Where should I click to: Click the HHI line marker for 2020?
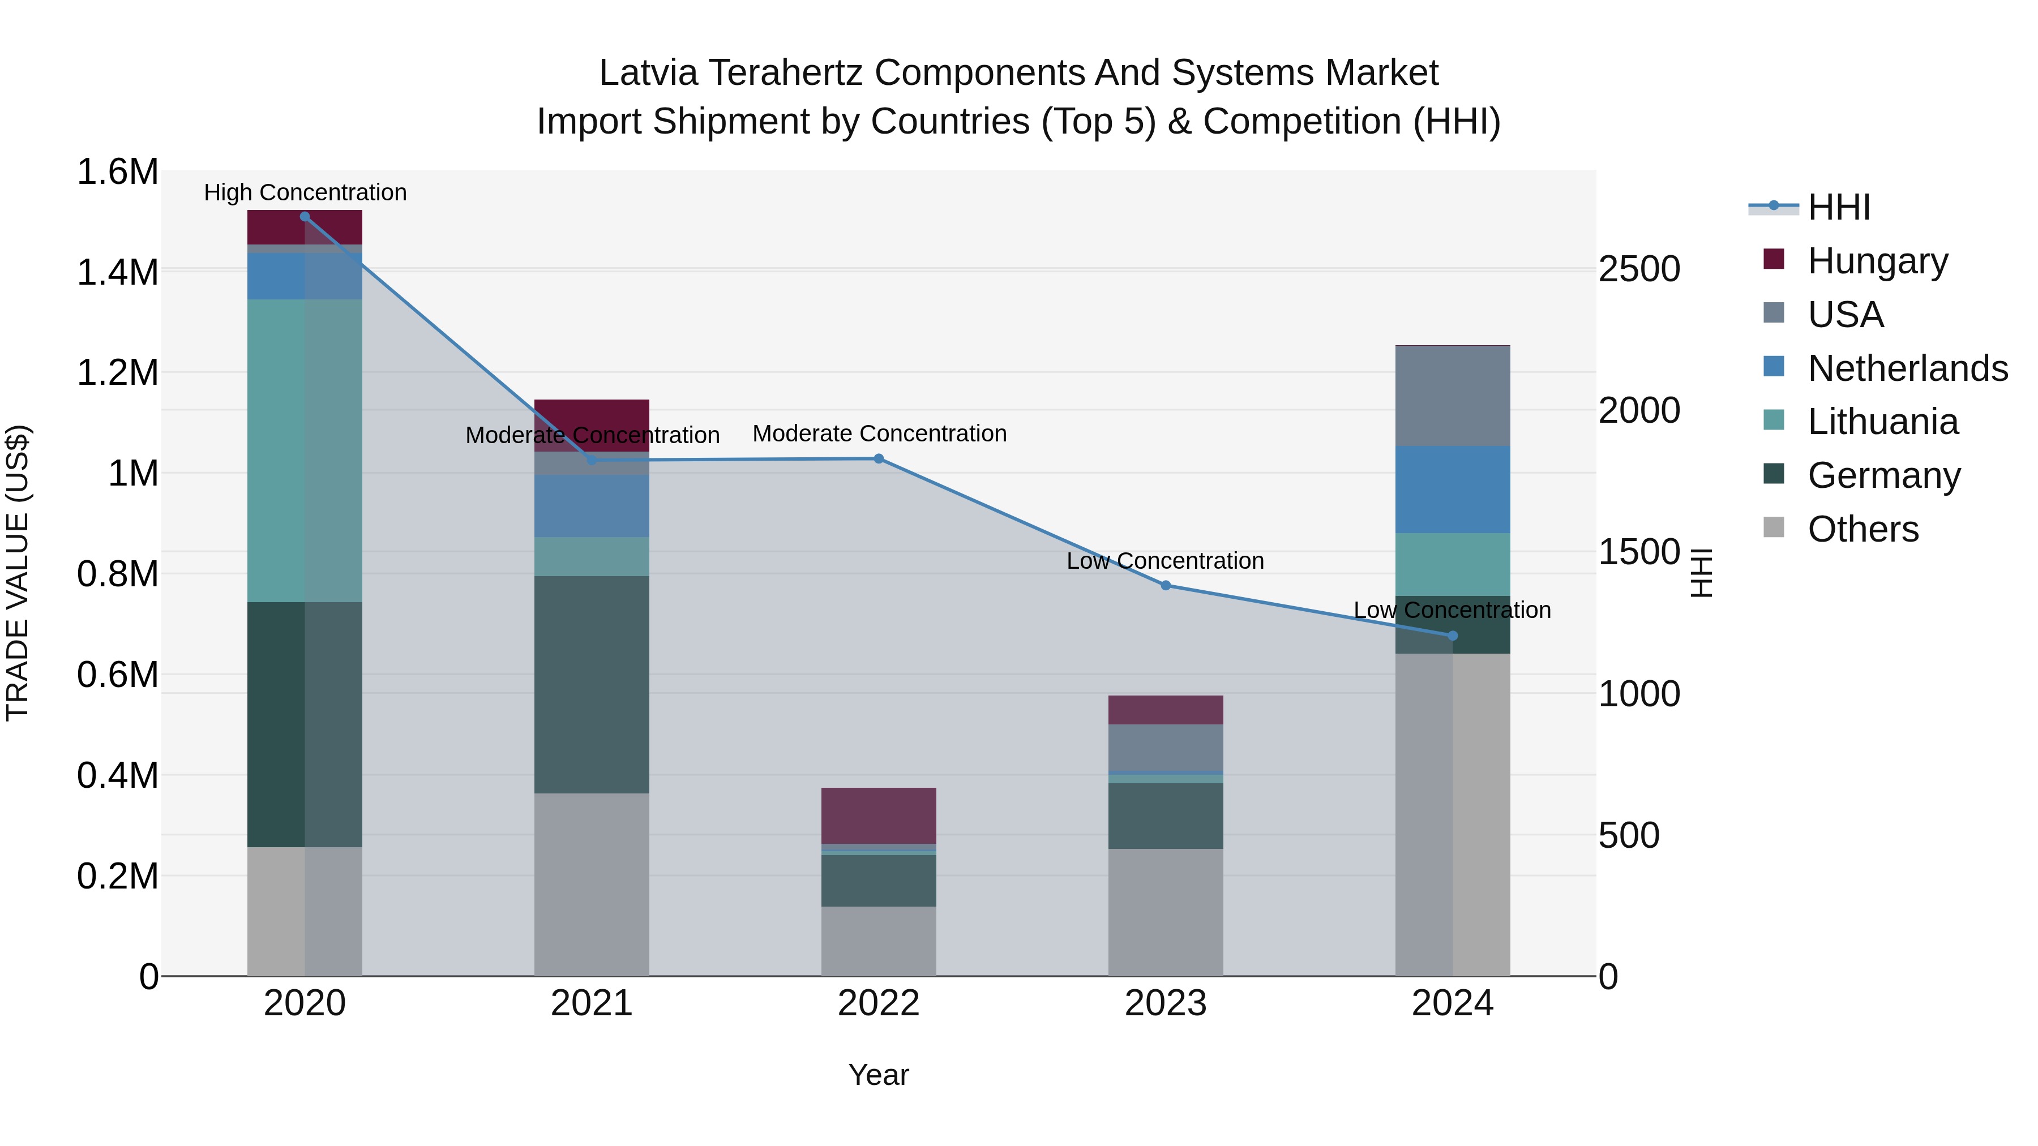click(x=305, y=216)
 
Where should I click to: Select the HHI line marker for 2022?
click(x=878, y=459)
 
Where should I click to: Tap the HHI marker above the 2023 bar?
click(x=1166, y=585)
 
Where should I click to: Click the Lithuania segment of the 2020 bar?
click(x=305, y=451)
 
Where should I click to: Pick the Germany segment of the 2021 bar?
click(x=592, y=684)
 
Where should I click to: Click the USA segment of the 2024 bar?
click(x=1453, y=396)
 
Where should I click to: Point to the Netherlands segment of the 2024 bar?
click(x=1453, y=490)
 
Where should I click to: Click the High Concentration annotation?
click(x=305, y=193)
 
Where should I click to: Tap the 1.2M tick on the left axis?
click(x=117, y=372)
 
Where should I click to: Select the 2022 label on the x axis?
click(x=878, y=1003)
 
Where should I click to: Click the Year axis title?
click(x=878, y=1075)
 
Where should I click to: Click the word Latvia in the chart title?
click(x=648, y=73)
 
